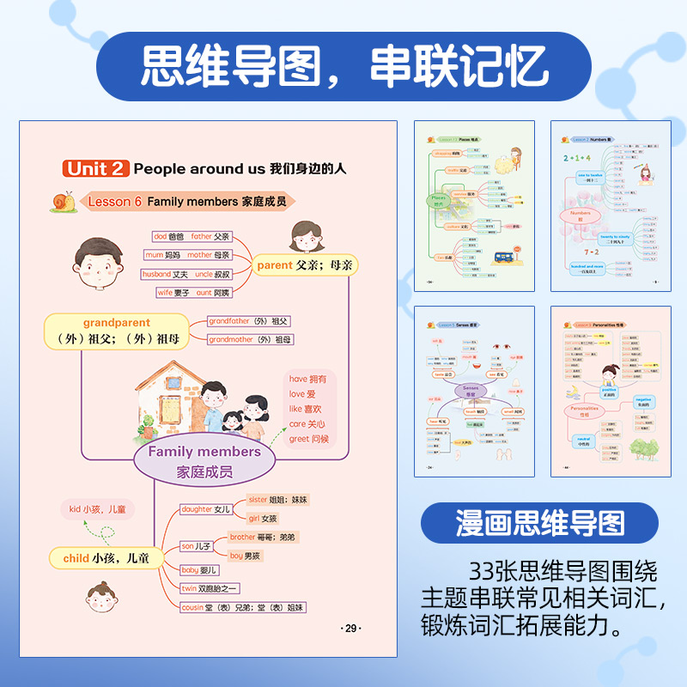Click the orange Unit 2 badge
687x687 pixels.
point(96,169)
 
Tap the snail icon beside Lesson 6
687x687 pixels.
point(62,202)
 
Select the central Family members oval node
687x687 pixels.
point(204,461)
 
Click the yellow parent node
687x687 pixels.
point(305,266)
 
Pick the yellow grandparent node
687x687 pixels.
point(117,331)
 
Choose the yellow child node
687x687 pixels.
point(106,558)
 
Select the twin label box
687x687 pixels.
point(210,588)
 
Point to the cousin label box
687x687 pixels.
point(243,607)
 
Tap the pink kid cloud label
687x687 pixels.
point(98,510)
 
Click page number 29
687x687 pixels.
point(350,628)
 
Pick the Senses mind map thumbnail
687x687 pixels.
point(474,391)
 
